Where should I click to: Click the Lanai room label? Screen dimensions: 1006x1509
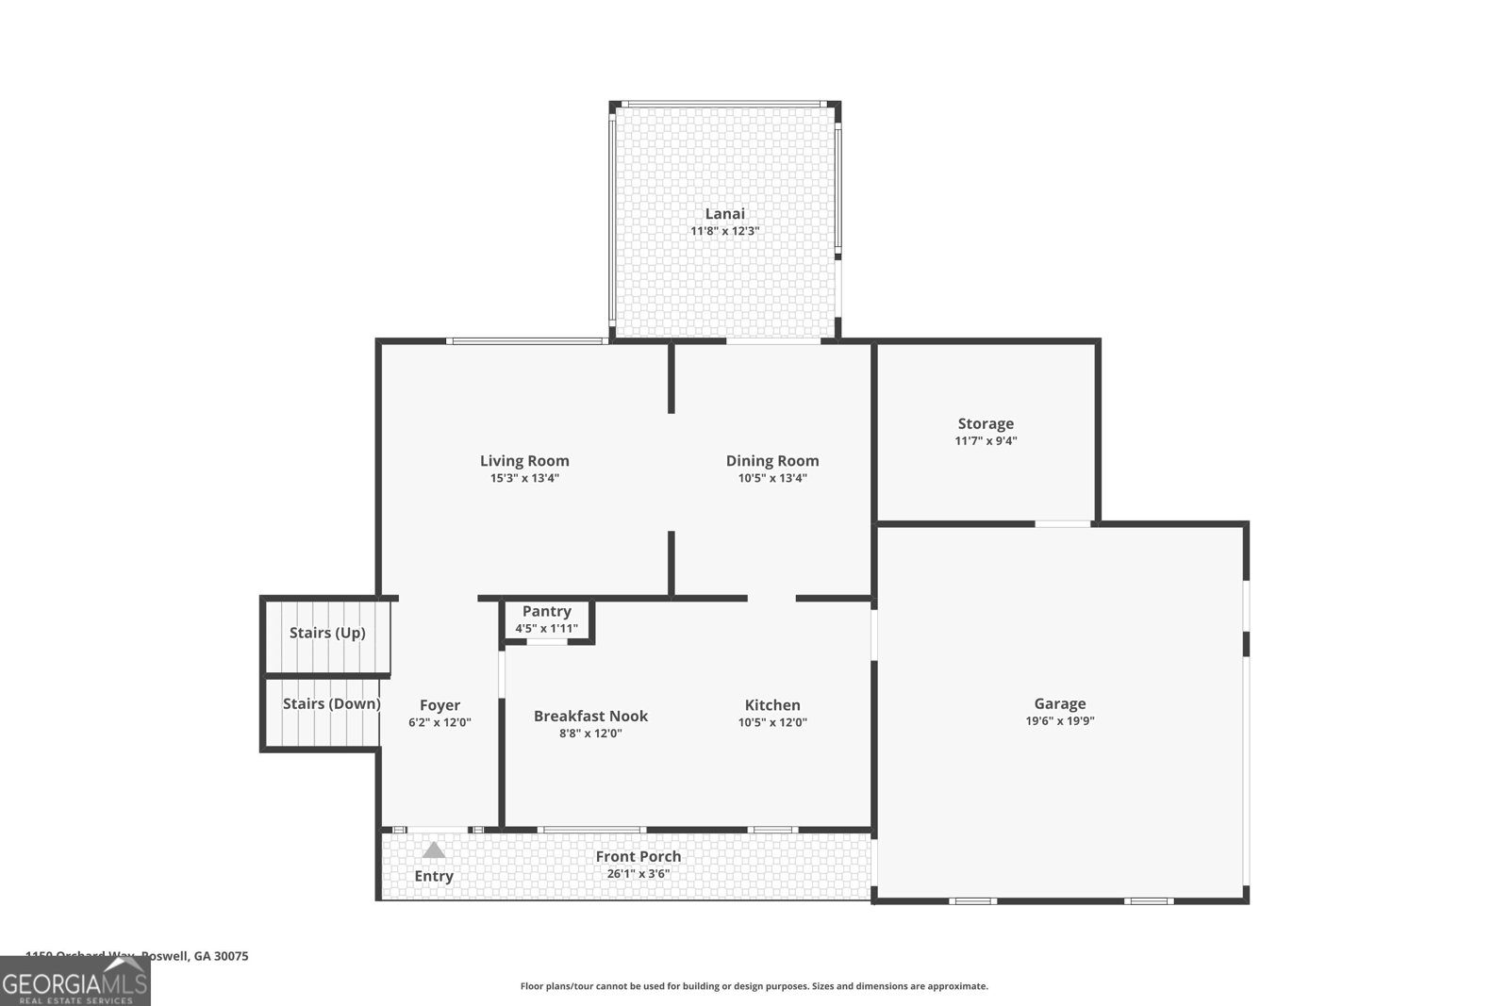724,214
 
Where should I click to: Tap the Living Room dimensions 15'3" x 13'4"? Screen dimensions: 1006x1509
524,478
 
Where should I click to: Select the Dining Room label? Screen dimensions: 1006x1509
771,461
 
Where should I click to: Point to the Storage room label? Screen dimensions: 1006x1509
986,424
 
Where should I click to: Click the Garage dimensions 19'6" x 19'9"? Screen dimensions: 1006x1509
1060,721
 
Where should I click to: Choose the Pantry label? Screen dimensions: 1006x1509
546,612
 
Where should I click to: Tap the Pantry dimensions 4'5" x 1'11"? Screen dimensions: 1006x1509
546,629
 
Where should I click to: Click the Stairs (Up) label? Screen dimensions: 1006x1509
326,633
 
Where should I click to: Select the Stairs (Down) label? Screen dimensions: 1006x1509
331,704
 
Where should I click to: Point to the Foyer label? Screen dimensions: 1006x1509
439,705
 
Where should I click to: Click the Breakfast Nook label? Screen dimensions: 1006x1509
590,717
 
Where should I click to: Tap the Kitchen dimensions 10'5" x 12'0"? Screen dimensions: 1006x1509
772,723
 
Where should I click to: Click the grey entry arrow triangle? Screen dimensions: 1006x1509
433,850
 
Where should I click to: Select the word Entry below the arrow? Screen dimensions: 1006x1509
434,876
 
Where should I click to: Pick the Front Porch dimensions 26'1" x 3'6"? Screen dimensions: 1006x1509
638,874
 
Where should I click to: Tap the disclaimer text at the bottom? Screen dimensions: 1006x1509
754,986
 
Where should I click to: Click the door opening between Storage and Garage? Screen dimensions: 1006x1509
1063,523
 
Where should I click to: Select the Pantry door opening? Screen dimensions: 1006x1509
546,642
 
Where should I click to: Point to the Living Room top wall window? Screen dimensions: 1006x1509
525,341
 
